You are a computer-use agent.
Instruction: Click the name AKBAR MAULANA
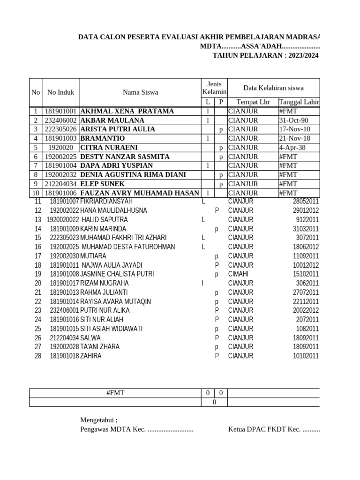click(x=112, y=120)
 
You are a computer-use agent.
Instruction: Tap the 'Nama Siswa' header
click(x=140, y=92)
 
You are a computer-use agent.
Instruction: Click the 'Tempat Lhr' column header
click(x=253, y=102)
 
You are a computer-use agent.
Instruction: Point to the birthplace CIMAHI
click(x=239, y=274)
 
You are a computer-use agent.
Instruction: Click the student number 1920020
click(x=60, y=148)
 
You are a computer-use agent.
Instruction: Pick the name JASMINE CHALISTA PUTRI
click(x=117, y=274)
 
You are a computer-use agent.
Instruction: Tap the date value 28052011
click(x=306, y=202)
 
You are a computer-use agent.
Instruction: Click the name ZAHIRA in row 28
click(x=91, y=356)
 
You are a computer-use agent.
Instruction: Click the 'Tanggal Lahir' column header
click(x=299, y=102)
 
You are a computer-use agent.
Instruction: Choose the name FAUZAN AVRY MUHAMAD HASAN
click(x=139, y=193)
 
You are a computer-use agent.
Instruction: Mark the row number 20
click(x=38, y=284)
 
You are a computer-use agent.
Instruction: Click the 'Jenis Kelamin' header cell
click(x=214, y=88)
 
